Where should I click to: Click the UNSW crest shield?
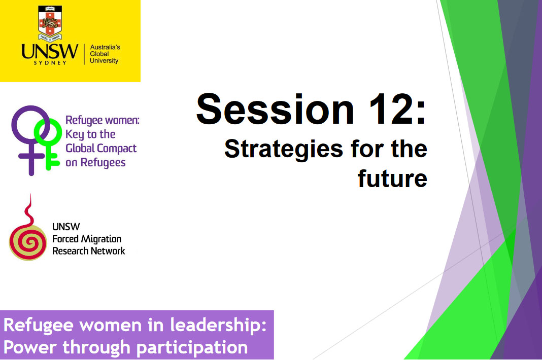(49, 23)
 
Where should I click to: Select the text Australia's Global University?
(104, 54)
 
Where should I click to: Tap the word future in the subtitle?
(392, 178)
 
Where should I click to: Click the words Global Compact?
(101, 149)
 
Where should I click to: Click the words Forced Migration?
(87, 239)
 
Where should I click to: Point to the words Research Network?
(89, 250)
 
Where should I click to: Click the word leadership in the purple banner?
(212, 325)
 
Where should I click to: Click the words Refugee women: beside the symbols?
(102, 121)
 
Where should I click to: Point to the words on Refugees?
(95, 163)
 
